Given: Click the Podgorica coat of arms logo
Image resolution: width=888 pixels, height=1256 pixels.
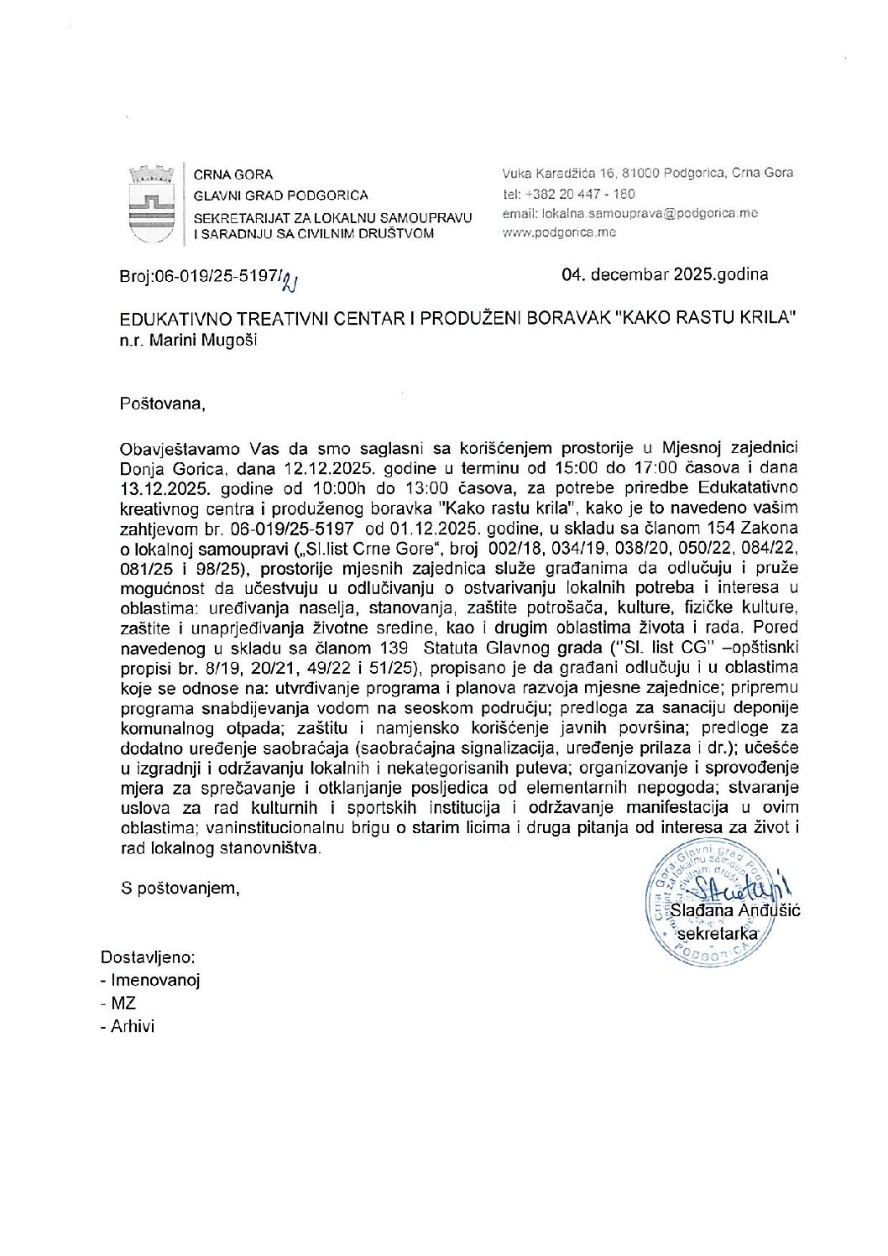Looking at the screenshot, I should (151, 205).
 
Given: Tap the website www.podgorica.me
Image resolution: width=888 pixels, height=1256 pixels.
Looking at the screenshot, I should (558, 232).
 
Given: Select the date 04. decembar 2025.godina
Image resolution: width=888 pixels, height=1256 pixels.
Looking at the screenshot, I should (666, 274).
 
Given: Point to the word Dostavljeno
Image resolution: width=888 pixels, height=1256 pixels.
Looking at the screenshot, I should (148, 958).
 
